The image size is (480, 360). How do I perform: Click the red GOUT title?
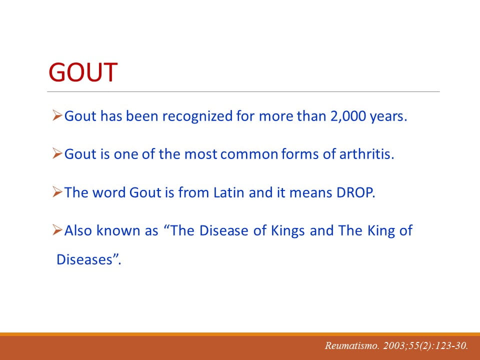point(83,72)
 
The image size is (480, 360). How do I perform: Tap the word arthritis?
point(366,153)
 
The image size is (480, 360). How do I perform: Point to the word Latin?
point(229,192)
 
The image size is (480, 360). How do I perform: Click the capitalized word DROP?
point(355,192)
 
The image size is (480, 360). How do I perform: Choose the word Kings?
point(288,231)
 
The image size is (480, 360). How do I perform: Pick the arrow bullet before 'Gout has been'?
point(57,115)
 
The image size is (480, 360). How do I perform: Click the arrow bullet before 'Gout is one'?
point(57,153)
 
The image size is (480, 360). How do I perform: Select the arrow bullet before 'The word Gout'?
point(57,191)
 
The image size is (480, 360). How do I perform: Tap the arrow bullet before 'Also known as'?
point(57,229)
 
